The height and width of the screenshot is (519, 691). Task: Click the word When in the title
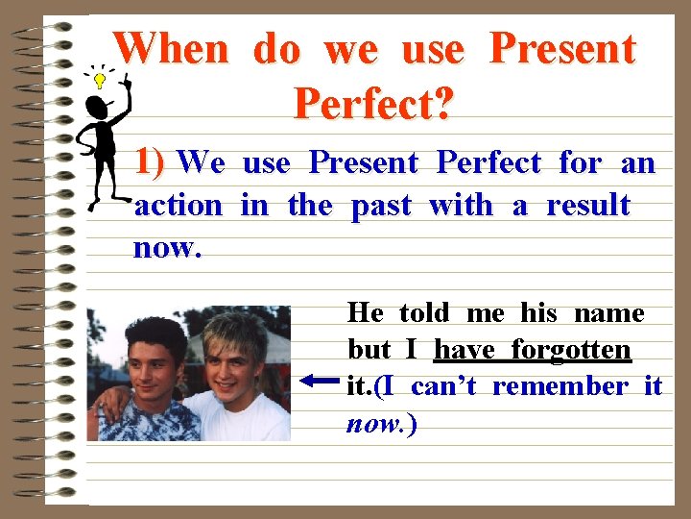click(x=171, y=48)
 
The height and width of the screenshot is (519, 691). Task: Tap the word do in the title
click(x=277, y=48)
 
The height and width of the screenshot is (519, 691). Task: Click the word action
click(x=179, y=205)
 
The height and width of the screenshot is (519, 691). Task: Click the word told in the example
click(x=423, y=312)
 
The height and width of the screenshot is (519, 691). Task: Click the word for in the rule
click(x=580, y=162)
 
